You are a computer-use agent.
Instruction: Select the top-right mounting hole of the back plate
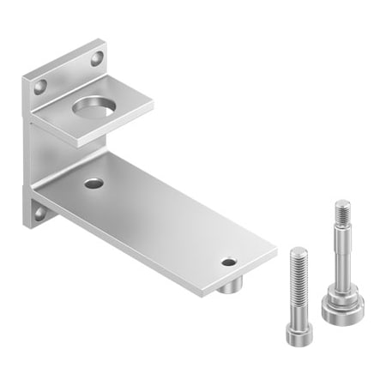96,57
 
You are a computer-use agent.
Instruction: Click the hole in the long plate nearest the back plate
93,183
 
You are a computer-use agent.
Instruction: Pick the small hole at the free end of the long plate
227,261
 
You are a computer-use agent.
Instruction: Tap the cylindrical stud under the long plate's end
227,286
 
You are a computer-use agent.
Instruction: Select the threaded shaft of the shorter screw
298,283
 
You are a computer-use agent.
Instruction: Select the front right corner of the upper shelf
153,107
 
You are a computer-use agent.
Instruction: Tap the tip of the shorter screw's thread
297,250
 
